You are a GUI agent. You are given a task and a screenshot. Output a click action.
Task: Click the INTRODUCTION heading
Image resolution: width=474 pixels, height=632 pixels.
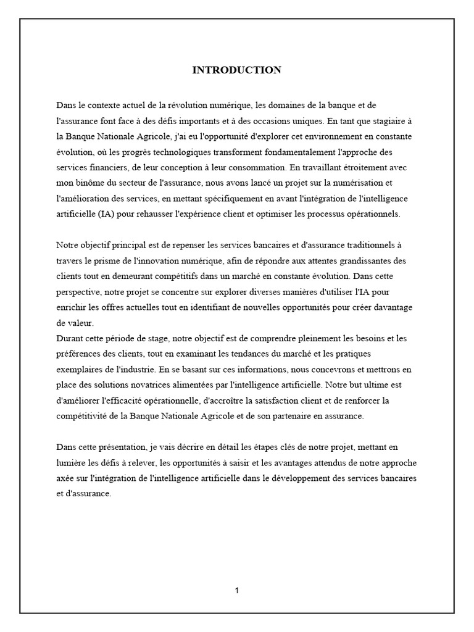coord(236,70)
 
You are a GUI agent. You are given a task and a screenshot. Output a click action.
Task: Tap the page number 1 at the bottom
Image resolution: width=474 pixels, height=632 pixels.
coord(237,591)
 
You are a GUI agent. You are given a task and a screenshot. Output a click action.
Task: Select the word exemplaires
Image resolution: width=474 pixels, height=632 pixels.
coord(78,370)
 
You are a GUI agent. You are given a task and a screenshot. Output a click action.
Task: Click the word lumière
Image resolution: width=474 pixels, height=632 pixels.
coord(70,462)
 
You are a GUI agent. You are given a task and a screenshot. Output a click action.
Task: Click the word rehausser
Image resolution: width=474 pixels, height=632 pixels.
coord(140,214)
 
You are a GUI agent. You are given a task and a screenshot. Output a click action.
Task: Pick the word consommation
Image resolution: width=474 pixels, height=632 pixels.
coord(247,167)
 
